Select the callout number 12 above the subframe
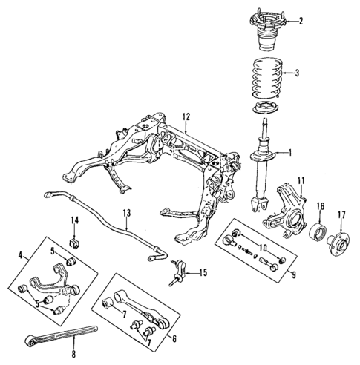coord(186,116)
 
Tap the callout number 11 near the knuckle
coord(301,180)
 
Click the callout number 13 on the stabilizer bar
coord(127,214)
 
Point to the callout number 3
coord(298,73)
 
